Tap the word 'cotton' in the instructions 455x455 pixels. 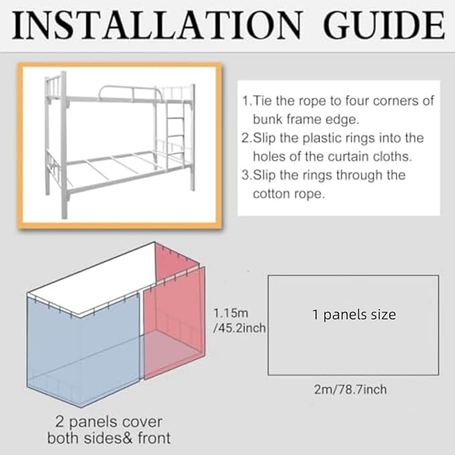(x=273, y=194)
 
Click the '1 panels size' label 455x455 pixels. (x=354, y=314)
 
